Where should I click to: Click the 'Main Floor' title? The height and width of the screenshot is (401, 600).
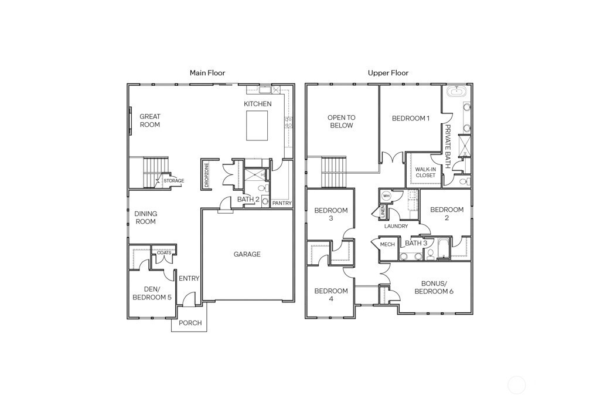point(207,73)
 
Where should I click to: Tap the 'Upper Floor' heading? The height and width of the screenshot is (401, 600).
point(388,73)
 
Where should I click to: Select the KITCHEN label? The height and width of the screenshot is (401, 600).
point(258,104)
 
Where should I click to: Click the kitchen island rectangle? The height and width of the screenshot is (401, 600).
point(257,126)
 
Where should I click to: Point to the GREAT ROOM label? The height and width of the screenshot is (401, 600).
point(150,120)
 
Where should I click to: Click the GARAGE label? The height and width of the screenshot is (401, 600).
point(247,254)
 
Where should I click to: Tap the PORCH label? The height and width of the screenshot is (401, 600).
point(190,323)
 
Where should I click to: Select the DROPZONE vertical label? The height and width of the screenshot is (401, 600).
point(207,175)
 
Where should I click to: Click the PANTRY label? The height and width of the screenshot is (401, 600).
point(282,203)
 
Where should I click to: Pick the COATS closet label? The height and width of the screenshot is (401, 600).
point(164,252)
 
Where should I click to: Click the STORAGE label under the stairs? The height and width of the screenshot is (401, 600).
point(173,181)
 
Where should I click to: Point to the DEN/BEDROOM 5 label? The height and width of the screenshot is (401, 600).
point(152,294)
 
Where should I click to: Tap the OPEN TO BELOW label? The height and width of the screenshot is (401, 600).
point(342,122)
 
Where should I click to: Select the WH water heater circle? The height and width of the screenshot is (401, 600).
point(386,196)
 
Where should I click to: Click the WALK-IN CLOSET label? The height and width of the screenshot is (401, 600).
point(425,173)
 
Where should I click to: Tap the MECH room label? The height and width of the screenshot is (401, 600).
point(387,245)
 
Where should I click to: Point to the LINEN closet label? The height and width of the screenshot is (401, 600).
point(383,212)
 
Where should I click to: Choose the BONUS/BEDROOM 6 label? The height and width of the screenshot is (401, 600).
point(434,288)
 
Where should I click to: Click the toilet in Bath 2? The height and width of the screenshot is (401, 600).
point(262,189)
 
